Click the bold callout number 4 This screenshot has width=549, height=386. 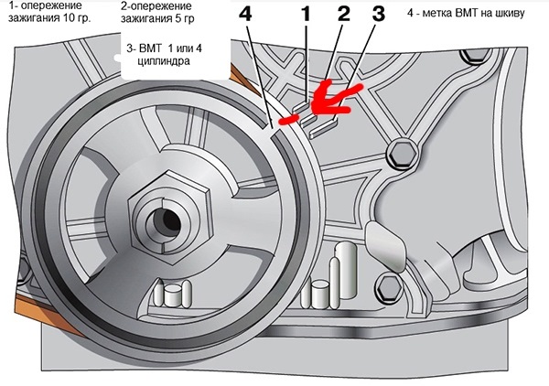tap(246, 15)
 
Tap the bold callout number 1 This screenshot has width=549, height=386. tap(306, 15)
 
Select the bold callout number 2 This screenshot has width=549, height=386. tap(343, 15)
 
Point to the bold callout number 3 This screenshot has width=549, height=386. tap(378, 15)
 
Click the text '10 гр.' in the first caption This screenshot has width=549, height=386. tap(77, 18)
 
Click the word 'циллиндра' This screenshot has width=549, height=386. tap(164, 61)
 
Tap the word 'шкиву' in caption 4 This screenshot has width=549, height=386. tap(511, 14)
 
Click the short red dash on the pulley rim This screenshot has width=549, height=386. tap(289, 120)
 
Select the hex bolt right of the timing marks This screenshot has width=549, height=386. tap(402, 154)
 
